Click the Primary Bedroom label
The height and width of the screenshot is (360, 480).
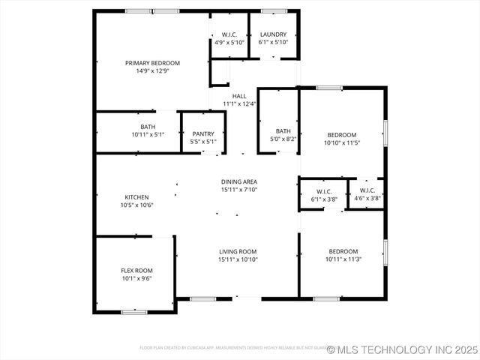coord(152,63)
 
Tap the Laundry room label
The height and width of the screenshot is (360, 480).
coord(273,34)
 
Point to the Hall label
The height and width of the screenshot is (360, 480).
coord(239,96)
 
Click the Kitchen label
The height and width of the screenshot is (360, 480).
coord(136,197)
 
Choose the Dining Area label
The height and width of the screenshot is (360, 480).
coord(239,182)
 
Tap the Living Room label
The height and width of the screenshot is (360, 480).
coord(238,251)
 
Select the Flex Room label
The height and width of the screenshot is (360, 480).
coord(136,270)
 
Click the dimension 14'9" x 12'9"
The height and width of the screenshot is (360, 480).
coord(152,71)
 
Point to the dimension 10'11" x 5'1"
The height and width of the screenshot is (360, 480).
coord(148,134)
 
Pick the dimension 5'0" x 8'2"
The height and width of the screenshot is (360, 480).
coord(283,139)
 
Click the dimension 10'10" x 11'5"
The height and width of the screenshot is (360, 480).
coord(342,142)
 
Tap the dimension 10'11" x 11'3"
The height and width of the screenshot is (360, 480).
coord(342,259)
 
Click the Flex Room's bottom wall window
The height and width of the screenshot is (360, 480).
coord(134,311)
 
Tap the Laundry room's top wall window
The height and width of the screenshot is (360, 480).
coord(273,11)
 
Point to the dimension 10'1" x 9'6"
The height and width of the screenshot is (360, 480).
coord(136,277)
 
